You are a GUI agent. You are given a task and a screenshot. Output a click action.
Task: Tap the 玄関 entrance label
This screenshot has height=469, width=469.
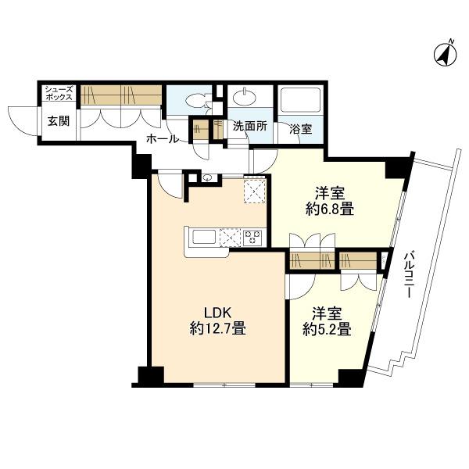point(59,121)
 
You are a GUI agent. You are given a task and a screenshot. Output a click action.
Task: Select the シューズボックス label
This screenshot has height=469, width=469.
point(59,93)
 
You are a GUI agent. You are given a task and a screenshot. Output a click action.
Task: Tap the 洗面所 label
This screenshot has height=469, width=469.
point(250,127)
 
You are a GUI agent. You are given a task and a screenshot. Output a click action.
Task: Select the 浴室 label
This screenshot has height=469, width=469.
point(301,129)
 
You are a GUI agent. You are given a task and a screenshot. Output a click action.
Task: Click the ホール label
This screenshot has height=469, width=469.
point(163,139)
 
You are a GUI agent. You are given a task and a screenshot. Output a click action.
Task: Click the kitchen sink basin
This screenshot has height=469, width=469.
point(204,237)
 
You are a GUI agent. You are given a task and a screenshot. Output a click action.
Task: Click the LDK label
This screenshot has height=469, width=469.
point(217,313)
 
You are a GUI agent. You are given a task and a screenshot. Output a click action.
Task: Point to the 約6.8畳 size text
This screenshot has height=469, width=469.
point(330,209)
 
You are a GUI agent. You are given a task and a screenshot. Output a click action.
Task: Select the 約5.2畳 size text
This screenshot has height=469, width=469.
point(327,329)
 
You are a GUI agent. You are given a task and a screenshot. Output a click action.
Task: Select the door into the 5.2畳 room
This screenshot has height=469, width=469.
point(299,287)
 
